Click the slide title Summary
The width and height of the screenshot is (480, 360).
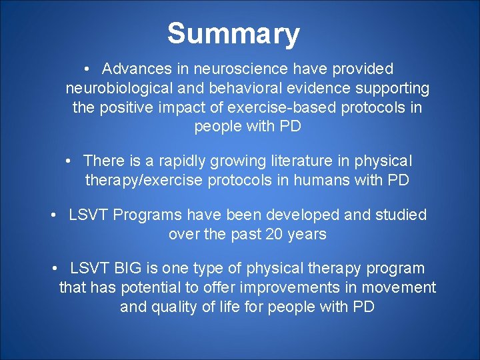click(x=233, y=33)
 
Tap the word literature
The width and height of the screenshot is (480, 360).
click(x=302, y=161)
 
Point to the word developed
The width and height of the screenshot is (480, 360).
click(x=301, y=215)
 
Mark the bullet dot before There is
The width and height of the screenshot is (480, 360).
click(x=69, y=161)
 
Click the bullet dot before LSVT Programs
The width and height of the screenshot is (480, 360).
click(x=55, y=215)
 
